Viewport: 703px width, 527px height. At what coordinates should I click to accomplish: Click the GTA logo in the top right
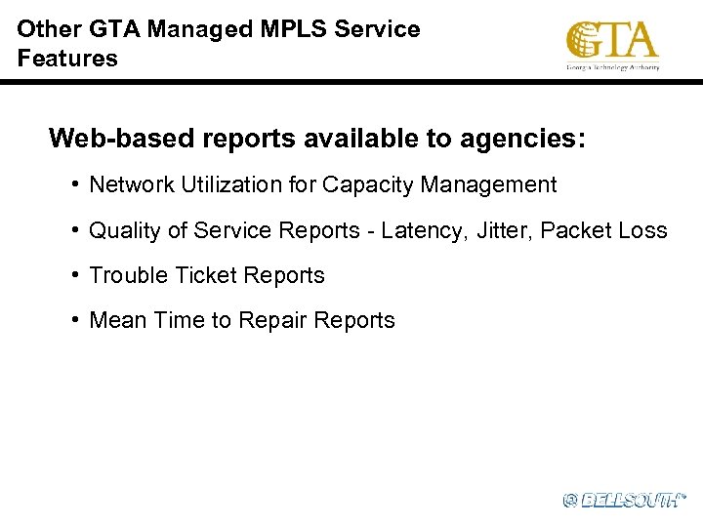612,44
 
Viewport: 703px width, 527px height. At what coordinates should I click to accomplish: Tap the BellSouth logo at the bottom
624,500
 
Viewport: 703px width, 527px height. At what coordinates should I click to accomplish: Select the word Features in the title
66,59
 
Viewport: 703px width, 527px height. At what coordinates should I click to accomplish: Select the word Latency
416,230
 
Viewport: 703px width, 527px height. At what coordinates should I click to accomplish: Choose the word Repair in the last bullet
273,320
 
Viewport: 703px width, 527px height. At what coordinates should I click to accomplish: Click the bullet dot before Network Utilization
75,184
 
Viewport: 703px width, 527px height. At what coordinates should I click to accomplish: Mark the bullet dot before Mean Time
75,320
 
